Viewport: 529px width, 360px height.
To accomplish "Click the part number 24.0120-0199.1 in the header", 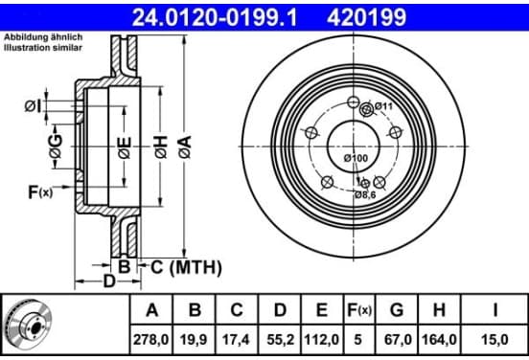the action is point(215,17).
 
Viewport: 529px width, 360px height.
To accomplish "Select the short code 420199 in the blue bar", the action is point(366,17).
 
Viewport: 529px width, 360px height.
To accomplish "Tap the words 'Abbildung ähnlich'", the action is point(43,37).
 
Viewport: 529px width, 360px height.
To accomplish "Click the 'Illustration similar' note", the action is point(43,48).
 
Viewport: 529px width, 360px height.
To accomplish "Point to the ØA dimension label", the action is point(185,146).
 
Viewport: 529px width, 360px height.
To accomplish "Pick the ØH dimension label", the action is point(161,146).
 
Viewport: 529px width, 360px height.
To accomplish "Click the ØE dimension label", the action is point(125,147).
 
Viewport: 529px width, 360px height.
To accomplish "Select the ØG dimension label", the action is point(56,146).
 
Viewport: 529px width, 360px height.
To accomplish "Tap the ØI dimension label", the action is point(33,106).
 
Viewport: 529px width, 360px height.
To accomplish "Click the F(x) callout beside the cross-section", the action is point(40,192).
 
